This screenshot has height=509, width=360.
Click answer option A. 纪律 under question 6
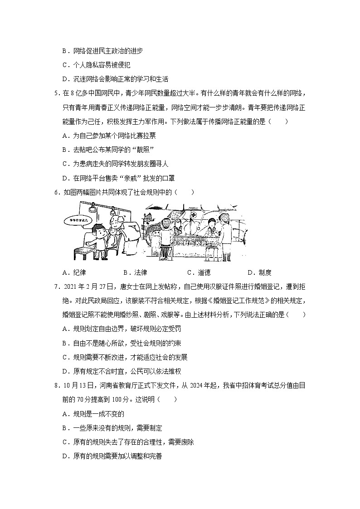[74, 272]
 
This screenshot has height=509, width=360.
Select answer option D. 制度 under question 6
[259, 272]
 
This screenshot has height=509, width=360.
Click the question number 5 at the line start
[55, 93]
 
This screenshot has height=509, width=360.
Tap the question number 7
[55, 286]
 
